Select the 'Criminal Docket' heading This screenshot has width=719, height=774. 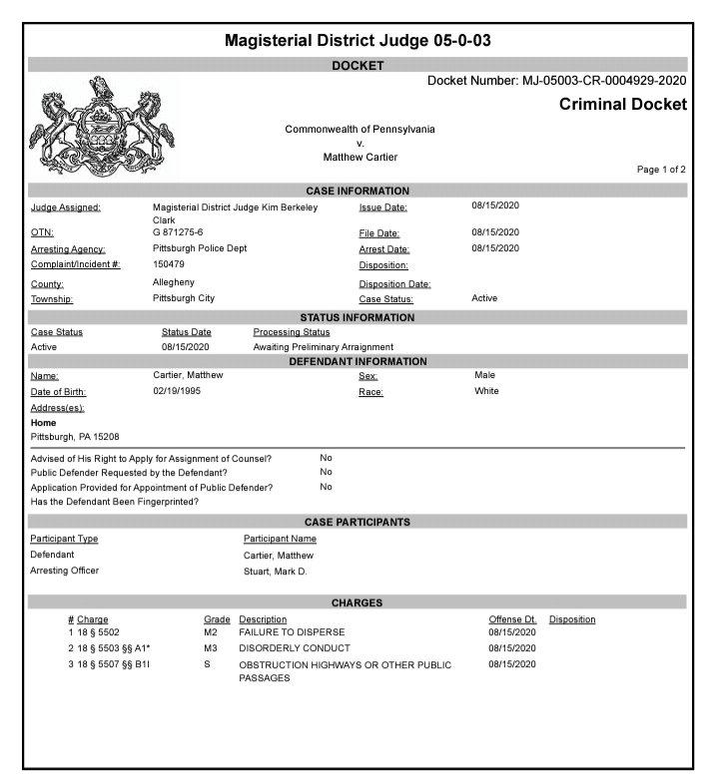point(622,105)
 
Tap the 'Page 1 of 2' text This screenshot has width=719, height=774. point(661,170)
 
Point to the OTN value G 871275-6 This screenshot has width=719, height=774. point(178,232)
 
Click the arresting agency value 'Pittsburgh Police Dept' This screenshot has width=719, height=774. point(200,248)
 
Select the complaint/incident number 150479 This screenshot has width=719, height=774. point(170,264)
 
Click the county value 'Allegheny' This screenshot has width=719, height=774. point(174,282)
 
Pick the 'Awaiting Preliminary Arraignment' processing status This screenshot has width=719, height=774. point(324,347)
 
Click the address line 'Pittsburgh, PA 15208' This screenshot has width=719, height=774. point(75,437)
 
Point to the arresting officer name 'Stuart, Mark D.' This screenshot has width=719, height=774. point(276,571)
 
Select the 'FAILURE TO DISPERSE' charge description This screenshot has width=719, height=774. point(292,632)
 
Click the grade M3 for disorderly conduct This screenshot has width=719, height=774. point(210,648)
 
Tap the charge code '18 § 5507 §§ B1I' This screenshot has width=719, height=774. point(114,664)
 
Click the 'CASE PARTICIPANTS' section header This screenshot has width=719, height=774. point(357,522)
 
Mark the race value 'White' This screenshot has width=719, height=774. point(486,392)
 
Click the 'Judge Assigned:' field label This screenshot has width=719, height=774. point(66,207)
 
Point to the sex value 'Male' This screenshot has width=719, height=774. point(484,375)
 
